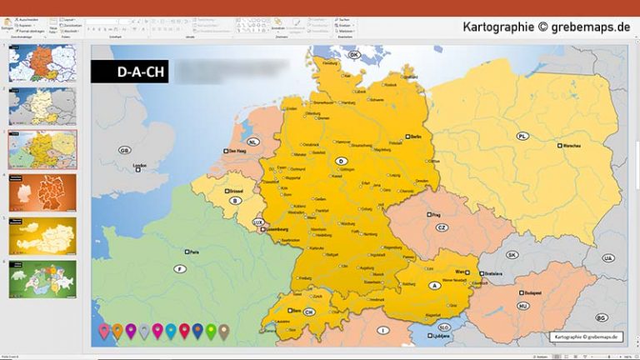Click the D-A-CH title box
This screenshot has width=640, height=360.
pos(129,71)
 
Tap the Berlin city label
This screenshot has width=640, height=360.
pos(414,135)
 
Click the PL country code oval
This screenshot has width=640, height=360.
pos(522,136)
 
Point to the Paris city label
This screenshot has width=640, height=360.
pos(194,251)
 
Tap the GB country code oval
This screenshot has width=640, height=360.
pos(125,151)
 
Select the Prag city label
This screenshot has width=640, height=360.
pos(434,214)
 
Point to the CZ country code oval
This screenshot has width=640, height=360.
pos(442,227)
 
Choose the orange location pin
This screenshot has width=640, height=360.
pos(117,332)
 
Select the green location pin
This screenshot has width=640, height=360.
pos(211,332)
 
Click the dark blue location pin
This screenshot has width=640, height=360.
pos(197,332)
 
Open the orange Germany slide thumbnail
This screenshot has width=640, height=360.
pos(42,192)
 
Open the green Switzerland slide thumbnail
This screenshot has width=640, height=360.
pos(42,279)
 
